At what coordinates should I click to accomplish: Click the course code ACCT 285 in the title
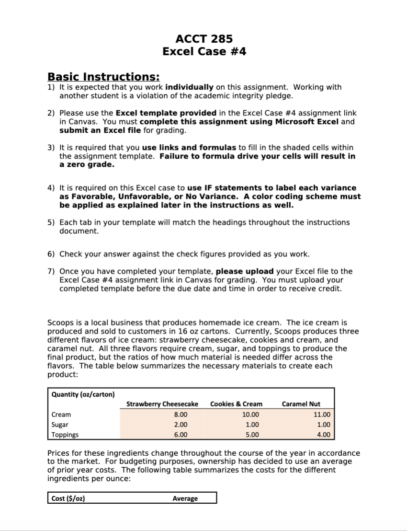(204, 39)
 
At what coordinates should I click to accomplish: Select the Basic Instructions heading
(103, 77)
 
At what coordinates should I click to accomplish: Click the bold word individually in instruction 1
(189, 87)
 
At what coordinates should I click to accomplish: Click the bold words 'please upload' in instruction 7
(245, 271)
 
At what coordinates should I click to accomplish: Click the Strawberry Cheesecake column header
(162, 404)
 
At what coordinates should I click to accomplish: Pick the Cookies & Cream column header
(236, 404)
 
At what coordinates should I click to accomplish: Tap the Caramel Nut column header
(301, 404)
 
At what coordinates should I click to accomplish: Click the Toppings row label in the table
(65, 435)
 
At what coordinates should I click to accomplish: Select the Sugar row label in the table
(60, 425)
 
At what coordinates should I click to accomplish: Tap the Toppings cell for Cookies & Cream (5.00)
(252, 435)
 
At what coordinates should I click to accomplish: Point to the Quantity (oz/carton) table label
(83, 394)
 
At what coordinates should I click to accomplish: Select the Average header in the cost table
(185, 498)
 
